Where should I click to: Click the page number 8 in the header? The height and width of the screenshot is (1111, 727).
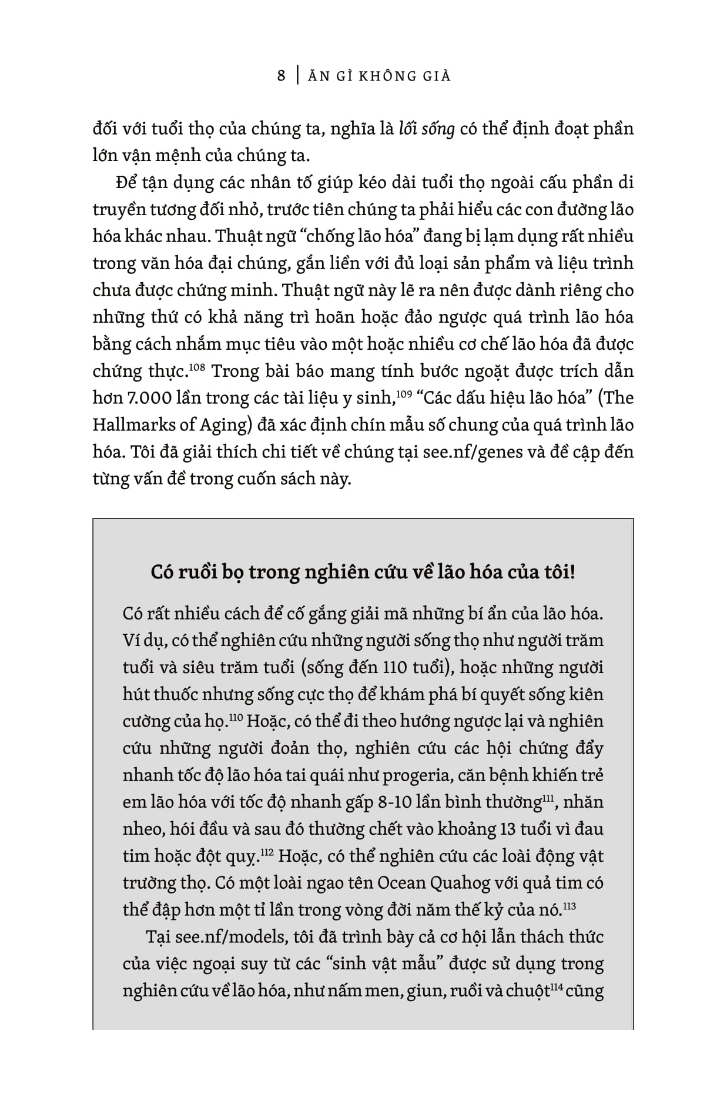(282, 76)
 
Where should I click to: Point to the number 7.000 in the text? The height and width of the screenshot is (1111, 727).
(148, 399)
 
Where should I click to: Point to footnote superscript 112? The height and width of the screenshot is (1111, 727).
(266, 852)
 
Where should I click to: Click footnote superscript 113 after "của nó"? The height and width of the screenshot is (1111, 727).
(568, 906)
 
